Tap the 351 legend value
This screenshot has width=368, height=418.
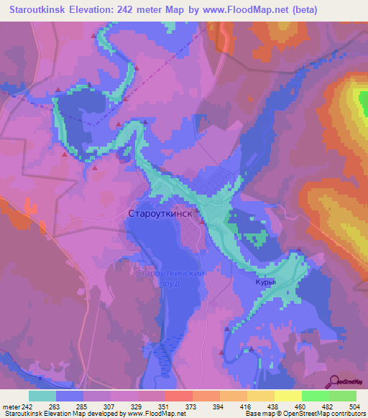[165, 407]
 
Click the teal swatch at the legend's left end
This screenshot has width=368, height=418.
[42, 396]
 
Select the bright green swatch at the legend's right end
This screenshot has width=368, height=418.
[342, 396]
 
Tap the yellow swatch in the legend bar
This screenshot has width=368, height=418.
[288, 396]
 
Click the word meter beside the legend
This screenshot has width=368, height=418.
[11, 407]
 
